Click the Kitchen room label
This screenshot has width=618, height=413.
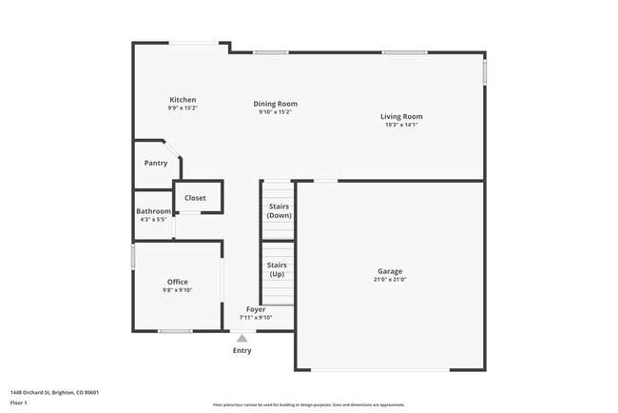(x=183, y=100)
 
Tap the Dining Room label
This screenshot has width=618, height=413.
(x=275, y=104)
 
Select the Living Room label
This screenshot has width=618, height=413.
(x=402, y=117)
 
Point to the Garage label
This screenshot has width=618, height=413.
(x=390, y=271)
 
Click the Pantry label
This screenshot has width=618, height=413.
(x=156, y=163)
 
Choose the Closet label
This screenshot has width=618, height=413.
(x=195, y=198)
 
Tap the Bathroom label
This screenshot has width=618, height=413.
(x=153, y=211)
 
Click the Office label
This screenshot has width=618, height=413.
(x=177, y=282)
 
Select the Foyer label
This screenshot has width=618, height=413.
(x=256, y=309)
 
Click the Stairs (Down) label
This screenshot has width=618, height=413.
(x=279, y=210)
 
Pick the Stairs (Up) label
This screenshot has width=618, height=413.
(x=277, y=269)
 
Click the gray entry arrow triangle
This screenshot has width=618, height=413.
(x=242, y=338)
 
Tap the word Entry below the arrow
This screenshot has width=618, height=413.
(x=242, y=351)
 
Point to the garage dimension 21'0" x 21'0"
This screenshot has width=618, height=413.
(x=390, y=280)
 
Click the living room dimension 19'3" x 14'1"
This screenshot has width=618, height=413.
(x=402, y=125)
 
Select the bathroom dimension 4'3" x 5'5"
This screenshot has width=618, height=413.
(x=153, y=220)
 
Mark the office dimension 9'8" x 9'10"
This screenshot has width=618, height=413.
(x=177, y=290)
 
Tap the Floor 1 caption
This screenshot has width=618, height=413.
(x=19, y=403)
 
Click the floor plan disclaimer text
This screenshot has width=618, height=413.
(x=309, y=404)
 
